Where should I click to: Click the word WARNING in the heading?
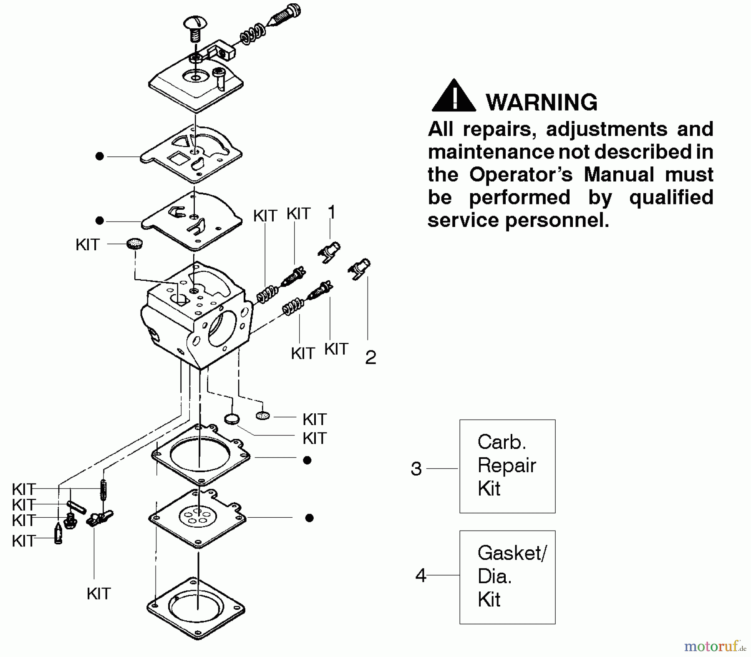click(x=542, y=102)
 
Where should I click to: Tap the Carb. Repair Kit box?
click(x=507, y=466)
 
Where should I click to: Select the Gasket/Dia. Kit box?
click(x=507, y=577)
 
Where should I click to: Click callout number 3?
click(x=416, y=469)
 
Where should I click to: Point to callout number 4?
click(x=421, y=576)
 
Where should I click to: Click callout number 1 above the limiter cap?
click(x=332, y=212)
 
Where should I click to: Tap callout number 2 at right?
click(x=370, y=357)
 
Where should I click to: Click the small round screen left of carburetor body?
click(x=134, y=244)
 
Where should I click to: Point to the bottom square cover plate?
click(x=196, y=608)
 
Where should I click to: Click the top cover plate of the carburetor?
click(x=196, y=86)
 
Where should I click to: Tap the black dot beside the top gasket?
click(x=99, y=156)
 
